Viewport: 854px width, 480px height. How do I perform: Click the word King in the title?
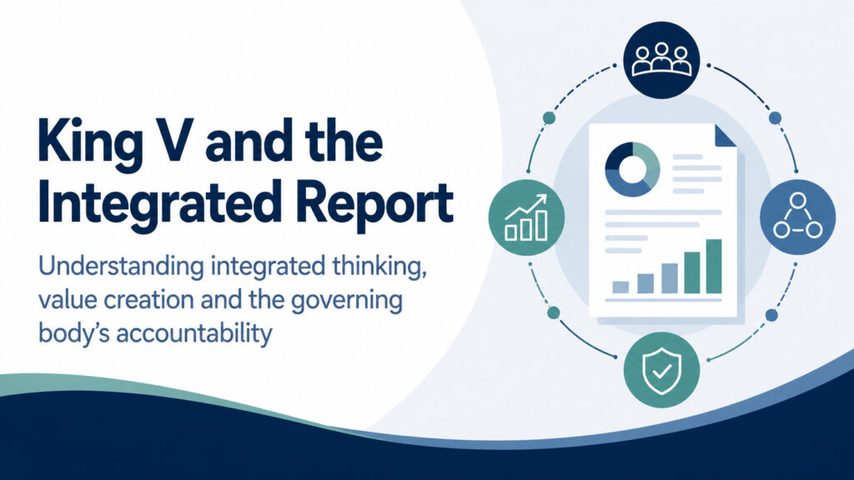(86, 143)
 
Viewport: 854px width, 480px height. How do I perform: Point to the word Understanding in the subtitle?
(122, 267)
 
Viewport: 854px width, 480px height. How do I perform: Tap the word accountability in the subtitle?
(193, 333)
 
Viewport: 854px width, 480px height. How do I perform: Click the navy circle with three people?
(661, 60)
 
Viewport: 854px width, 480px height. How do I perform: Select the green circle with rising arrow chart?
(527, 217)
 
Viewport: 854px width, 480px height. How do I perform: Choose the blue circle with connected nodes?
(798, 217)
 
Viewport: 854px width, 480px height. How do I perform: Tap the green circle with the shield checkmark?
(661, 370)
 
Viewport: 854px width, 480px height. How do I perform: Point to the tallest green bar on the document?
(714, 266)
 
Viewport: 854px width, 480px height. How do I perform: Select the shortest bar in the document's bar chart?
(620, 287)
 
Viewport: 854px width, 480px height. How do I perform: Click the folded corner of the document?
(726, 136)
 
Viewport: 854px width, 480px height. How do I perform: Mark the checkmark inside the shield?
(661, 372)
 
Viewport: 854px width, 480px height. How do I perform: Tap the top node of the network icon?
(798, 200)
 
